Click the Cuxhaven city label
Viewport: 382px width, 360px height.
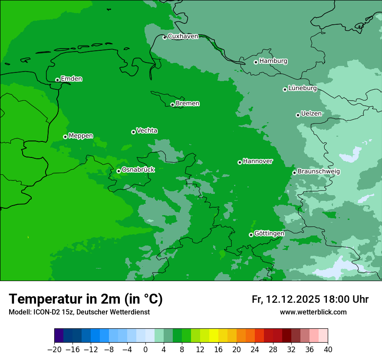[183, 36]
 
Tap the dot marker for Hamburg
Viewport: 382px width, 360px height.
[256, 62]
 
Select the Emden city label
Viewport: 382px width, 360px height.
[71, 79]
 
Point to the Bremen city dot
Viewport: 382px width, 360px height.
[172, 105]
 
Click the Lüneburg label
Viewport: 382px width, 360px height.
[302, 88]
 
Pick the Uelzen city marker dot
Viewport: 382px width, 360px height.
[298, 115]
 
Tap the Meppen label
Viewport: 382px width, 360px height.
[81, 136]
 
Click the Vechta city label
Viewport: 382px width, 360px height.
[147, 131]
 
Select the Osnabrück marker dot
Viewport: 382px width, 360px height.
[119, 171]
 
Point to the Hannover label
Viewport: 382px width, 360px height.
[257, 161]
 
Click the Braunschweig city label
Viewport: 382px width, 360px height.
[319, 171]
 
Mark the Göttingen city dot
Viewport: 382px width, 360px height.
[251, 235]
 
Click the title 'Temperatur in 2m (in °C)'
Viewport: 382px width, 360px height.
[86, 299]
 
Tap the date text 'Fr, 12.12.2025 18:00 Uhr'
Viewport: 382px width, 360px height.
[310, 299]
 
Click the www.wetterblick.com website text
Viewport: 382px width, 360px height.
[313, 312]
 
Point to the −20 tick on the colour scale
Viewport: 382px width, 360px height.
[54, 350]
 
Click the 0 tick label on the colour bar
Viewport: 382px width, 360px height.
[145, 350]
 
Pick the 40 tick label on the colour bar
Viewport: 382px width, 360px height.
[328, 350]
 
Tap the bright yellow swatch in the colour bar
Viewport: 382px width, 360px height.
[214, 336]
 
